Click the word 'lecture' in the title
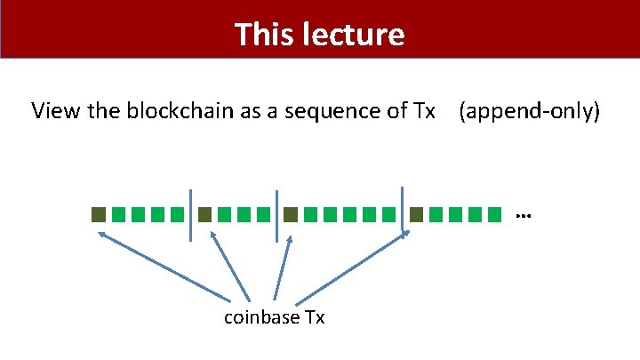coord(356,35)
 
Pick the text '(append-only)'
coord(531,111)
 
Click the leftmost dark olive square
coord(99,214)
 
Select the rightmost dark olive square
coord(417,214)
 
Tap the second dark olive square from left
coord(204,214)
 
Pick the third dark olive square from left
coord(290,214)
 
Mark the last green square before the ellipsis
coord(495,214)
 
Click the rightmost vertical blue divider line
coord(403,212)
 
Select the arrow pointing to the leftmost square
coord(169,267)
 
